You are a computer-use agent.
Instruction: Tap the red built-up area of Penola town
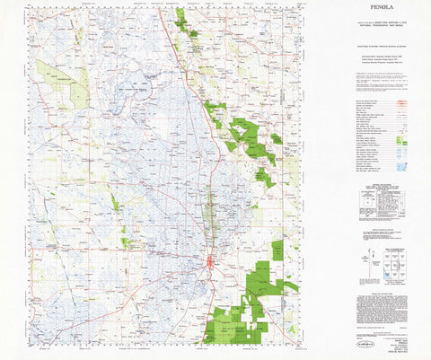tap(210, 262)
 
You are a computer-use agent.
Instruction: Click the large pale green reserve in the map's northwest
tap(75, 85)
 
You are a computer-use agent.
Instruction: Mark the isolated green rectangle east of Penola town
tap(277, 250)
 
